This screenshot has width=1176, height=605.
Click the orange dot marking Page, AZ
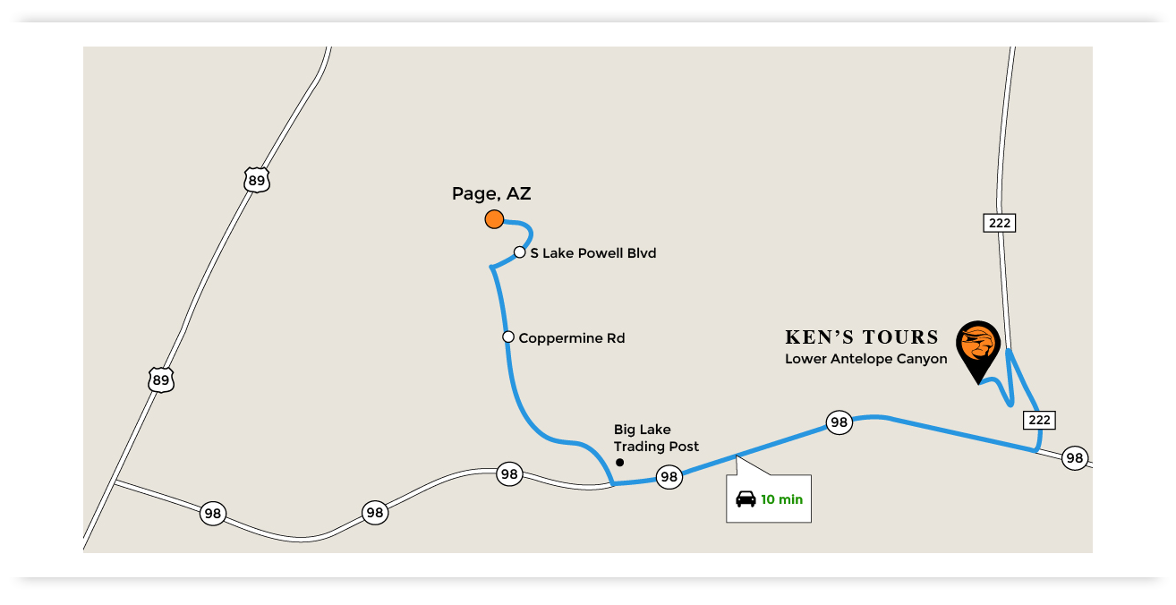pos(494,218)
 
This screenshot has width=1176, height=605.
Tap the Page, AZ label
pos(491,193)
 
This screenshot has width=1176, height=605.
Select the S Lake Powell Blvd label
pos(592,253)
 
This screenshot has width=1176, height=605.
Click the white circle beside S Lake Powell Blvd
pos(519,252)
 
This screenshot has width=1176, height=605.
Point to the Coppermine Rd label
pos(571,338)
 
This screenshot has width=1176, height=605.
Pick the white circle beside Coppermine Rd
pos(508,337)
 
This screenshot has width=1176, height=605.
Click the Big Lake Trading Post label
pos(656,439)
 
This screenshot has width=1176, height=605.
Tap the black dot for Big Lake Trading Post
pos(619,463)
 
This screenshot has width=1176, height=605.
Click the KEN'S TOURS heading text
pos(862,337)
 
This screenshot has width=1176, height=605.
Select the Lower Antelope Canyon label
pos(865,359)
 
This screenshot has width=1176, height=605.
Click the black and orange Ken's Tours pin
pos(977,347)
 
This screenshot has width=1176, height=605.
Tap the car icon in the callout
pos(746,498)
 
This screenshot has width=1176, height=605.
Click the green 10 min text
pos(782,499)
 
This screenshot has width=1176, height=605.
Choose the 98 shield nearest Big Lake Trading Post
pos(669,477)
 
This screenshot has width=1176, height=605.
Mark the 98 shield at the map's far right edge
pos(1074,458)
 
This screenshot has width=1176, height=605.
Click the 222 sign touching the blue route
pos(1039,420)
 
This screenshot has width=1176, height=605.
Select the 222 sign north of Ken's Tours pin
pos(1000,222)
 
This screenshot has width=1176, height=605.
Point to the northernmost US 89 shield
pos(257,180)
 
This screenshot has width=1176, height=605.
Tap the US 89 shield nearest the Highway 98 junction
pos(160,379)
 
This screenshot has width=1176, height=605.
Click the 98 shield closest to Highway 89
pos(212,514)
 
